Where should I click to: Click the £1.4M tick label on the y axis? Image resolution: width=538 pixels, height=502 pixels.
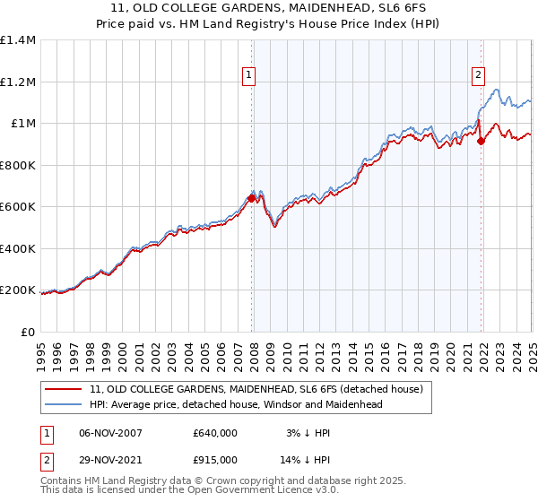coord(18,40)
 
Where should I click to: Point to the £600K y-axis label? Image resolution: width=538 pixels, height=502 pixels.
coord(18,207)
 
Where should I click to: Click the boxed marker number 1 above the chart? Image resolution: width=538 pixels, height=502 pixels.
coord(247,75)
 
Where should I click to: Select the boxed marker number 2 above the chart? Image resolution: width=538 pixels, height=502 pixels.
coord(479,75)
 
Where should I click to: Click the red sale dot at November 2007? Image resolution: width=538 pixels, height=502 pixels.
coord(251,199)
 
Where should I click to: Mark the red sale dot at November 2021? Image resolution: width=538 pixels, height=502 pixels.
coord(482,141)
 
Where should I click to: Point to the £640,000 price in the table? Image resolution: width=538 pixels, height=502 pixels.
coord(215,432)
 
